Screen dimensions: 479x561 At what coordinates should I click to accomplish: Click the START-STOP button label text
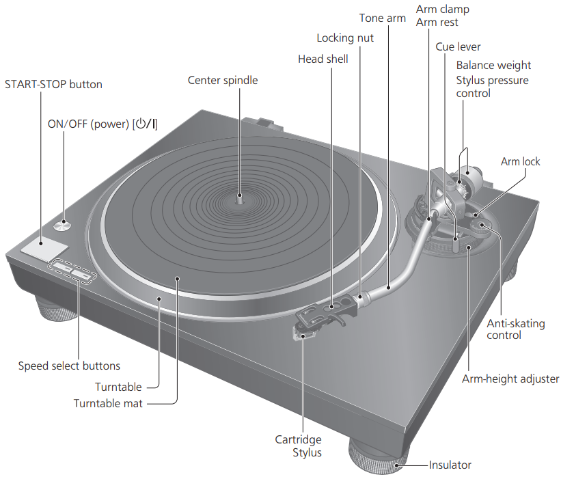tap(53, 85)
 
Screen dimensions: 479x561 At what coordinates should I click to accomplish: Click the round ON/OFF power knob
tap(64, 223)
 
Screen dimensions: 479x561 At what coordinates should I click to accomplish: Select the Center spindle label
tap(223, 81)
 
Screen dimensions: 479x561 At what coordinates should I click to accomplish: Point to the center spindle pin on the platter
tap(239, 197)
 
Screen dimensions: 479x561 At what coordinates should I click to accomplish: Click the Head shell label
tap(323, 59)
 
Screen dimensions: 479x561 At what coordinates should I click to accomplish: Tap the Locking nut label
tap(345, 38)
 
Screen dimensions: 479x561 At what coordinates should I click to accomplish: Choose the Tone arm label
tap(383, 18)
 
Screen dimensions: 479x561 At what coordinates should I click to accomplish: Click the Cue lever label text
tap(458, 47)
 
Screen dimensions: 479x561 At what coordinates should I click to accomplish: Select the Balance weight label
tap(493, 66)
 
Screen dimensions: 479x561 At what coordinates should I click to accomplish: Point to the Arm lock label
tap(520, 162)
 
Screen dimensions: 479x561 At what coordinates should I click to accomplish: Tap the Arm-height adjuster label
tap(510, 379)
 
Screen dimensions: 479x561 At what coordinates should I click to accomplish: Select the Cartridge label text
tap(298, 439)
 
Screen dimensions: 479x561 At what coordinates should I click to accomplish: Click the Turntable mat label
tap(108, 403)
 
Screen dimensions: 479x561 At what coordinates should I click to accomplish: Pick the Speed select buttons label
tap(69, 366)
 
